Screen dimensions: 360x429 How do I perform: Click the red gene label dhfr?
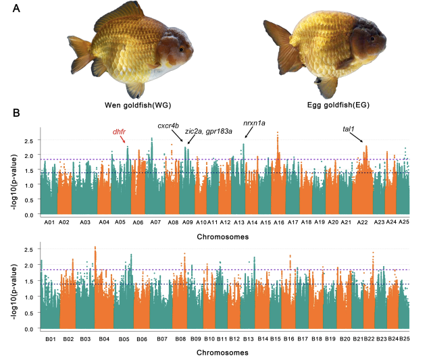pyautogui.click(x=120, y=132)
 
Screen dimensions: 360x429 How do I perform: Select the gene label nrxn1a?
pyautogui.click(x=254, y=123)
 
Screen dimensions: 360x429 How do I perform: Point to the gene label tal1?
pyautogui.click(x=349, y=128)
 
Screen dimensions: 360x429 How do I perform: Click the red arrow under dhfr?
pyautogui.click(x=123, y=139)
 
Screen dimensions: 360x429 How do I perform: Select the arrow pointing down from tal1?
pyautogui.click(x=357, y=136)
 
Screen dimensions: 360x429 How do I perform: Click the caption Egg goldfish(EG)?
pyautogui.click(x=328, y=105)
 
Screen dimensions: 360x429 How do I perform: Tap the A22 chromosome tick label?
pyautogui.click(x=363, y=222)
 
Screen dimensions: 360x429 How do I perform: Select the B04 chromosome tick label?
pyautogui.click(x=103, y=337)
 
